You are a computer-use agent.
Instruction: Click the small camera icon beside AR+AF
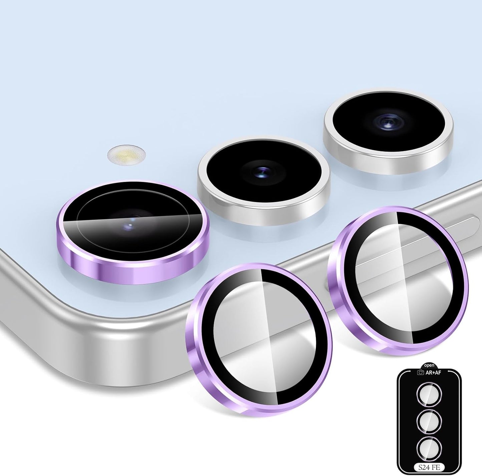(x=421, y=372)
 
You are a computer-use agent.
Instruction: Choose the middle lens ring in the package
(x=429, y=422)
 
